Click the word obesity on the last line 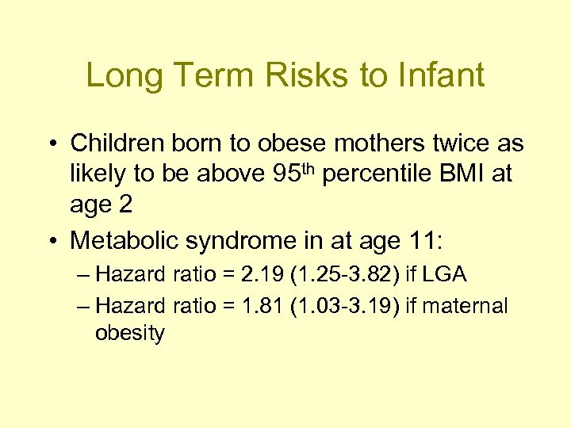click(129, 333)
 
